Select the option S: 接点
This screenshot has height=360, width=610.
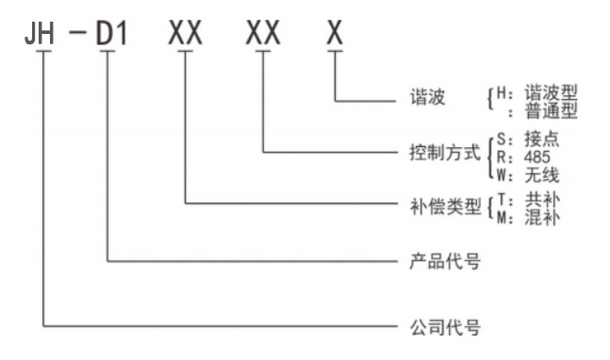pos(530,138)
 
